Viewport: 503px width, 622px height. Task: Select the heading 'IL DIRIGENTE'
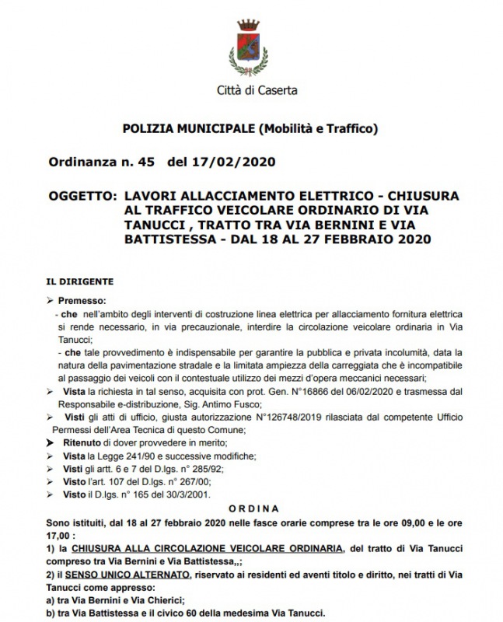coord(80,281)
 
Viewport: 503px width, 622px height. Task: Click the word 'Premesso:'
coord(91,299)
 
